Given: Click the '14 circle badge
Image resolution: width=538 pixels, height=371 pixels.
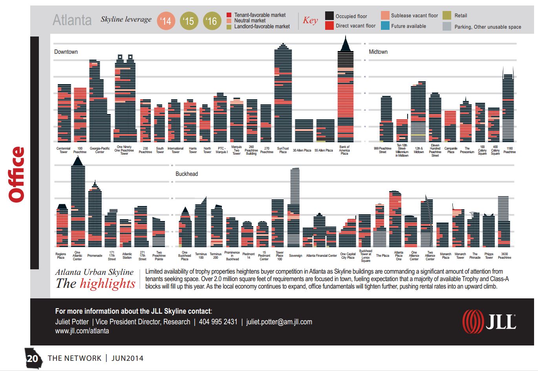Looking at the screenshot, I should point(166,21).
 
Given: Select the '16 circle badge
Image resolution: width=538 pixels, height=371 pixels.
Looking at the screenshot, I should point(212,21).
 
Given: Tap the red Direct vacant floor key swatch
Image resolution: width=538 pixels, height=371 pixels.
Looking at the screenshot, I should point(329,26).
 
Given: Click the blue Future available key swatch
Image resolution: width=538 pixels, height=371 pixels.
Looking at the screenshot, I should point(385,26).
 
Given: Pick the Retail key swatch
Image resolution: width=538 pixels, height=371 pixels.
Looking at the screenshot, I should point(447,15).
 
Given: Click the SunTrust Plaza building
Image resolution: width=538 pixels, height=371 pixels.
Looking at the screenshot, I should point(283,94).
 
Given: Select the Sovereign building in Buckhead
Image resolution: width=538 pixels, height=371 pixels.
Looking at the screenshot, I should point(295,208).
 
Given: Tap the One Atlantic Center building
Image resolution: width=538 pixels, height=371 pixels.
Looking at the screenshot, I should point(78,204).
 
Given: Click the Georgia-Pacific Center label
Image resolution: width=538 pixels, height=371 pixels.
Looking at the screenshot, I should point(100,150).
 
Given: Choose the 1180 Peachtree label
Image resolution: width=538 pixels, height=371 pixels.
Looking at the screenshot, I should point(509,150).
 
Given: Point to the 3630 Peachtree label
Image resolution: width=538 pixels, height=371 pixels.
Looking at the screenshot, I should point(505,256).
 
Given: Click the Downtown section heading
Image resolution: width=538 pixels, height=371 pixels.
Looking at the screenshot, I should point(66,52).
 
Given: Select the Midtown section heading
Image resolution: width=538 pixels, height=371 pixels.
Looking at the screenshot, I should point(378,52).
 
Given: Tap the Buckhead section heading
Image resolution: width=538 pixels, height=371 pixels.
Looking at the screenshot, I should point(187,174).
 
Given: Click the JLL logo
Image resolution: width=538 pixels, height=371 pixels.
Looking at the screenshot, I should point(489,322).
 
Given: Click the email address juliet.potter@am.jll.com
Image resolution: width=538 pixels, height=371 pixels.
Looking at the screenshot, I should point(279,322).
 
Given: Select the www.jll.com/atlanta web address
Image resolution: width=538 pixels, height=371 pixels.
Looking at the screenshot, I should point(82,331).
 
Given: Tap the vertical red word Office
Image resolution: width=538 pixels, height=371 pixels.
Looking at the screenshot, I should point(17,174).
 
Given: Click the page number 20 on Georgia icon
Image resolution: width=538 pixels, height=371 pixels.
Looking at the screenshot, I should point(33,358).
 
